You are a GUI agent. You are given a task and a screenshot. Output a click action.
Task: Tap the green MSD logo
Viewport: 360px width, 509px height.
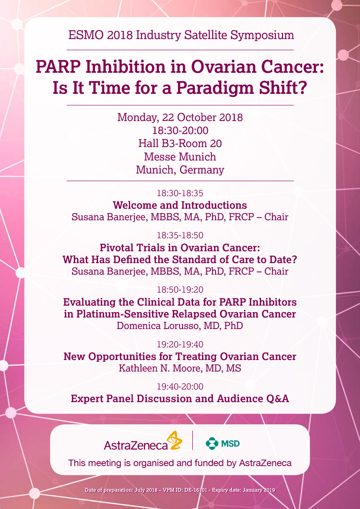click(223, 444)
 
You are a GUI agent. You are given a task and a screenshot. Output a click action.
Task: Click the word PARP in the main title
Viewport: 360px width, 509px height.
click(58, 67)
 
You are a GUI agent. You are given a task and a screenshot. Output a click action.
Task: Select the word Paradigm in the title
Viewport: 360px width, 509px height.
click(215, 88)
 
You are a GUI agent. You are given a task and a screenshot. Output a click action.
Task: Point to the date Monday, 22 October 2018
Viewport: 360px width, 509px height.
click(180, 118)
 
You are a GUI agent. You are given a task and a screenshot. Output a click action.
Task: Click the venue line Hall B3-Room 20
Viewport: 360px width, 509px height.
click(180, 144)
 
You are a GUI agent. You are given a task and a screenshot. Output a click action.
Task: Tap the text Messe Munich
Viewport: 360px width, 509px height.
click(180, 157)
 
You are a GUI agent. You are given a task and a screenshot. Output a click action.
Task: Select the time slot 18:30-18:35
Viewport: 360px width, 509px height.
click(180, 193)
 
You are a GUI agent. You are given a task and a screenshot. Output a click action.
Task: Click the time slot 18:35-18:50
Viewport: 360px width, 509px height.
click(180, 236)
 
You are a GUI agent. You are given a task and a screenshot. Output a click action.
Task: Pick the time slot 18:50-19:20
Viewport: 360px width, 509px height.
click(180, 290)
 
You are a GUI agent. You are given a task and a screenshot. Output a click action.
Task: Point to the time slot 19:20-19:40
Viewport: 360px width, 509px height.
click(180, 344)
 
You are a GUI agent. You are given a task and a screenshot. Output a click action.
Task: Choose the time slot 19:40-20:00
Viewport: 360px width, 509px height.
click(180, 386)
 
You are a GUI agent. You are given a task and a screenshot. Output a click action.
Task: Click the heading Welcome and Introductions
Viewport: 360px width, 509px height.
click(180, 205)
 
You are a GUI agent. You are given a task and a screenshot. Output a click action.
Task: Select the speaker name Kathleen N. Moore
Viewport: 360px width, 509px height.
click(160, 368)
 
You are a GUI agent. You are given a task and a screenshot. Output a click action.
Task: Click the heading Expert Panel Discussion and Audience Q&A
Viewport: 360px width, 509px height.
click(180, 399)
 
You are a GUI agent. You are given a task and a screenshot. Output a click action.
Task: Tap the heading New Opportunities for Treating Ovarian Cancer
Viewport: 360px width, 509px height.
click(180, 357)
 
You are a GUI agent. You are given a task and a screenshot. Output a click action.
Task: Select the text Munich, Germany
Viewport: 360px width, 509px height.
click(180, 170)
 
